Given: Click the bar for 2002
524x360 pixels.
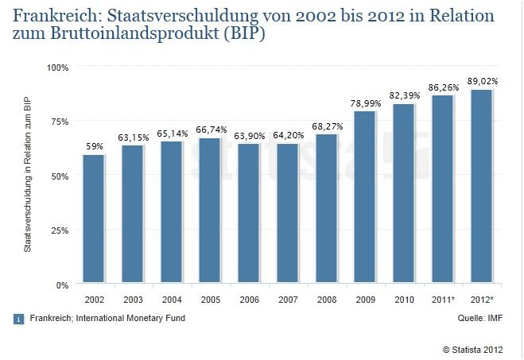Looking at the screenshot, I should (x=94, y=219).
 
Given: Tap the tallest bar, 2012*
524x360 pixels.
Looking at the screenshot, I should (x=482, y=187).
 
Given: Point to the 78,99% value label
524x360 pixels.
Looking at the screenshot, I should (x=365, y=103).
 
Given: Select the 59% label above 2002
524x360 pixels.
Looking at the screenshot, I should (x=94, y=147).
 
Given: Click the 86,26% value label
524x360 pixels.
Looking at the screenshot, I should (x=443, y=88).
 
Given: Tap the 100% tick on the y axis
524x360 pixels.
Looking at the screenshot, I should (x=59, y=68).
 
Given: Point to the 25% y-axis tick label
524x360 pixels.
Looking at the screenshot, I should (x=61, y=230).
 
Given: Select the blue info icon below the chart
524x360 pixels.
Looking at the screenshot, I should (x=18, y=319).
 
